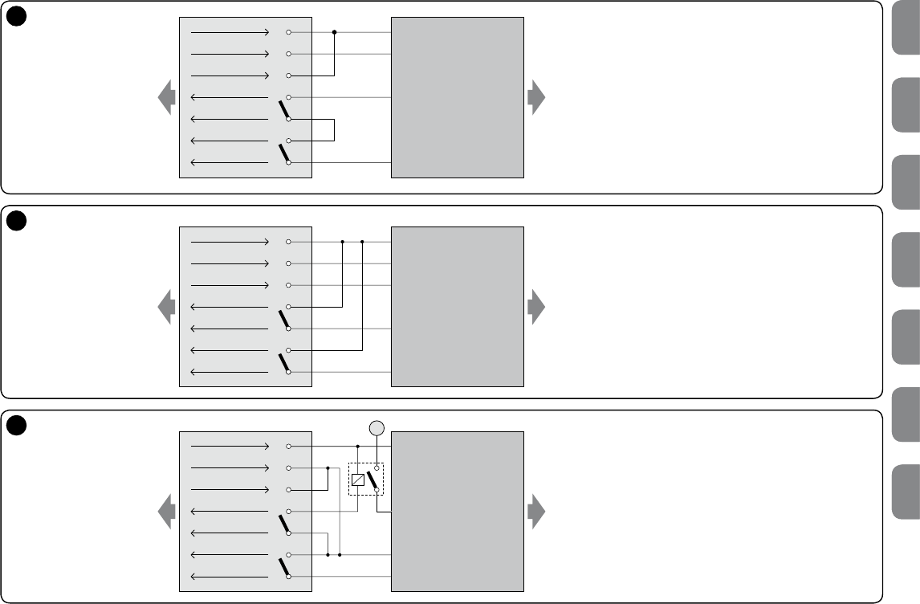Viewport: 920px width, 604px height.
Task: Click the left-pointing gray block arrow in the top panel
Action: coord(167,97)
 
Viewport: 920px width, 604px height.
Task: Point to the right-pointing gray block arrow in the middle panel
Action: coord(536,306)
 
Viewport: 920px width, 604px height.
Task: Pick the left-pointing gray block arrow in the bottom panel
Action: coord(167,512)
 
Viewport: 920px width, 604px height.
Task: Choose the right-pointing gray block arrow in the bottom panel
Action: coord(536,512)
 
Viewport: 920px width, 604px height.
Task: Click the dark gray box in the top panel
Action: coord(457,97)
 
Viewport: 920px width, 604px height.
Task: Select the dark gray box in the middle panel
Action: coord(457,306)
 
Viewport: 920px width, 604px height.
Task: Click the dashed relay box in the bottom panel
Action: coord(366,479)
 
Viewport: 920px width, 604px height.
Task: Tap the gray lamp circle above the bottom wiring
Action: coord(377,428)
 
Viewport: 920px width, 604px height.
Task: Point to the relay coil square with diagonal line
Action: coord(358,480)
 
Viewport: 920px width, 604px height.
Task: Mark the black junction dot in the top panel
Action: coord(334,33)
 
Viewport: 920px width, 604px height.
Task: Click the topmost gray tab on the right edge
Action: coord(905,27)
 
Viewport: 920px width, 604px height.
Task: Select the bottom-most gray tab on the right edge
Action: coord(905,492)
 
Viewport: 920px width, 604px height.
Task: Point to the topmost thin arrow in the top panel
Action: coord(230,33)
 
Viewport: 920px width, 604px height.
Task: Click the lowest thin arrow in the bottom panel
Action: coord(230,577)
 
